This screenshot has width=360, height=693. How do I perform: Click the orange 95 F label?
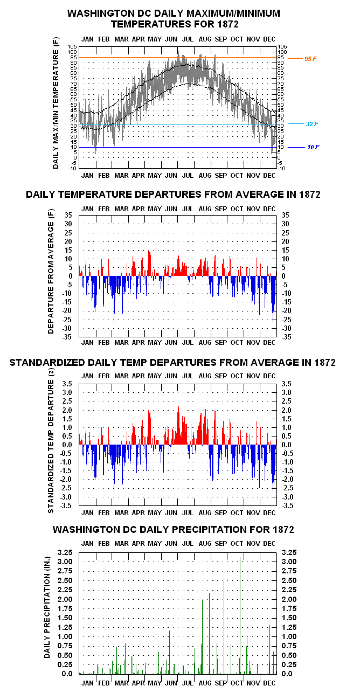tap(310, 59)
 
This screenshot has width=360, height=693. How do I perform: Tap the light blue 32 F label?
tap(312, 124)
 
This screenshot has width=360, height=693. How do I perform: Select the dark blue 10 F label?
tap(313, 147)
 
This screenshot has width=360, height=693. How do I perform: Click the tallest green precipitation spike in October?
tap(240, 615)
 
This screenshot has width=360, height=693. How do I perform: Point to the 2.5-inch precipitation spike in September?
tap(224, 627)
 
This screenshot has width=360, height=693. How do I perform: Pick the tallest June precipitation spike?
tap(169, 652)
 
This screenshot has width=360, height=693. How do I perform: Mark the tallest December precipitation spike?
tap(269, 649)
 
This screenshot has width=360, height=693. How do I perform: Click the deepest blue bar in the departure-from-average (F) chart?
tap(114, 300)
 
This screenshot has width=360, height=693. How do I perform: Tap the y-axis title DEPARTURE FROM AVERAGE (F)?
tap(51, 271)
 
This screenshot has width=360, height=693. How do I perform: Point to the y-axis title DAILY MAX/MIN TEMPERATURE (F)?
tap(56, 103)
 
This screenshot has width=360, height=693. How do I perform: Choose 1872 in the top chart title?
tap(228, 24)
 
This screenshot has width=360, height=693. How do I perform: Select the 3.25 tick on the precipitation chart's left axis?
tap(65, 552)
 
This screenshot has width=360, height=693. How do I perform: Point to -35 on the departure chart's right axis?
tap(286, 337)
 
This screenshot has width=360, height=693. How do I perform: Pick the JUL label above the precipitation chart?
tap(188, 544)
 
